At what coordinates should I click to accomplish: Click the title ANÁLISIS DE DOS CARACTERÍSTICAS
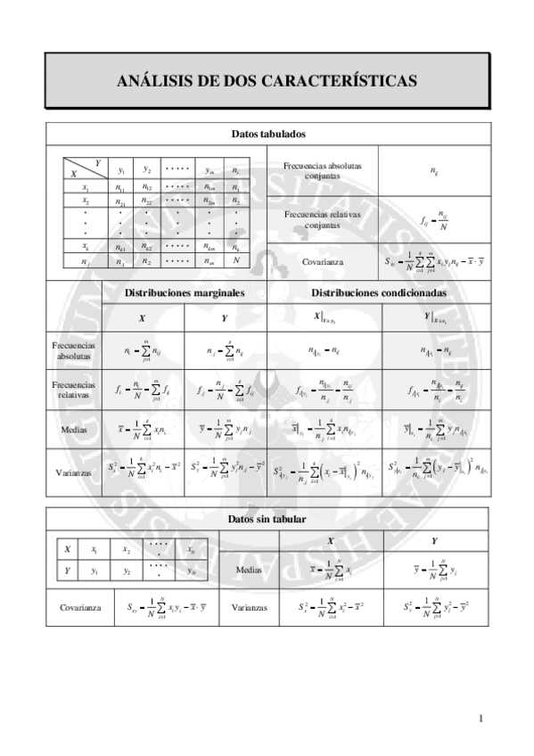pyautogui.click(x=267, y=81)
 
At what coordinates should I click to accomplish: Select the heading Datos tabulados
pyautogui.click(x=267, y=134)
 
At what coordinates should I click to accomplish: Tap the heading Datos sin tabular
pyautogui.click(x=267, y=518)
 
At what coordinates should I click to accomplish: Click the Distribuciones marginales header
pyautogui.click(x=185, y=292)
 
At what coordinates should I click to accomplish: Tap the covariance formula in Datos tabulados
pyautogui.click(x=433, y=261)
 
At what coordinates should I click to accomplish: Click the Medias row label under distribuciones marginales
pyautogui.click(x=74, y=429)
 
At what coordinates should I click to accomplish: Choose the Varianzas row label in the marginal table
pyautogui.click(x=74, y=472)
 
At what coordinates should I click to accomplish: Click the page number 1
pyautogui.click(x=481, y=718)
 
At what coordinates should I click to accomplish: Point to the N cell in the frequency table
pyautogui.click(x=236, y=261)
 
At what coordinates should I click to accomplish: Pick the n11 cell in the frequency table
pyautogui.click(x=120, y=188)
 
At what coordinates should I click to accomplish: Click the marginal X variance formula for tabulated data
pyautogui.click(x=143, y=472)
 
